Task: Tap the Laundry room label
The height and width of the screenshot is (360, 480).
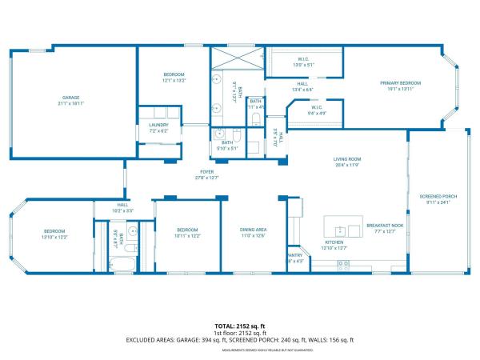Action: click(x=158, y=125)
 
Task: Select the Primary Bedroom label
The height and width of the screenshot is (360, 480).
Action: click(x=399, y=83)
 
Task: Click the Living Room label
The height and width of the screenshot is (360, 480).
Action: click(x=347, y=159)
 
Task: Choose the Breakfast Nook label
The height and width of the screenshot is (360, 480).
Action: click(x=385, y=226)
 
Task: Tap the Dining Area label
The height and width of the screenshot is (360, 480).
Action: click(x=253, y=230)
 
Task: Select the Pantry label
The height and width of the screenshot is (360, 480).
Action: click(x=294, y=256)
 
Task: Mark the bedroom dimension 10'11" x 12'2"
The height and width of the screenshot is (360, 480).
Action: click(x=186, y=237)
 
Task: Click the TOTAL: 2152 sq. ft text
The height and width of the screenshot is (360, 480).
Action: click(x=239, y=326)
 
